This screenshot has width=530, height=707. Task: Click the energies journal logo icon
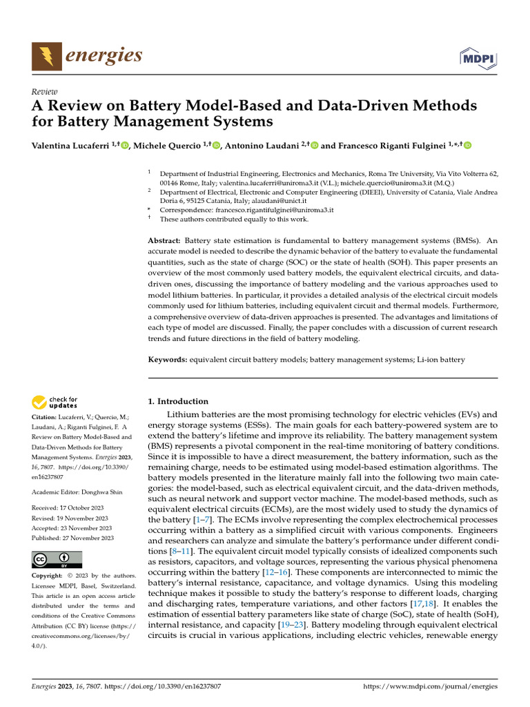[x=46, y=55]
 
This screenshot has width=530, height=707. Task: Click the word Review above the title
[x=45, y=91]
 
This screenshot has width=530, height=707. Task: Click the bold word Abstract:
[x=164, y=240]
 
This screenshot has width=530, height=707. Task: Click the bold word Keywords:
[x=168, y=360]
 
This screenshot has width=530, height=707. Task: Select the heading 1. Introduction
[x=178, y=401]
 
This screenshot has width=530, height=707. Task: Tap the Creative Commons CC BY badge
[x=57, y=559]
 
